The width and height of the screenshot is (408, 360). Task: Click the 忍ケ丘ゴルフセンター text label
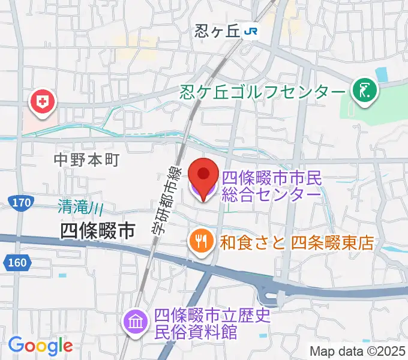tap(263, 92)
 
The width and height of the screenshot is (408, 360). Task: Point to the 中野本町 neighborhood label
tap(86, 160)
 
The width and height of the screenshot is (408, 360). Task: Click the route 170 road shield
tap(21, 204)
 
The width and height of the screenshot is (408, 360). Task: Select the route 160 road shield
tap(17, 262)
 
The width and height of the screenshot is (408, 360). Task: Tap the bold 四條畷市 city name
tap(98, 230)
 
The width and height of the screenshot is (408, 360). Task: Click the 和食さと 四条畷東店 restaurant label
tap(297, 243)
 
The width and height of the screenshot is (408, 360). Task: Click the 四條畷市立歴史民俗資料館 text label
tap(214, 323)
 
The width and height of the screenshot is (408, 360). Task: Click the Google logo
tap(40, 346)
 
